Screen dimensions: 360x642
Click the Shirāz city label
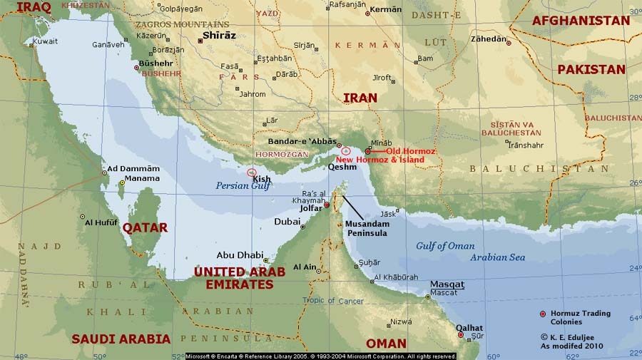point(220,35)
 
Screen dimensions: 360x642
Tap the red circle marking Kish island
point(251,172)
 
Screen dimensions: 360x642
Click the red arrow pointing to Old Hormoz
point(378,152)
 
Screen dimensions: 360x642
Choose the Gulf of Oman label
point(445,246)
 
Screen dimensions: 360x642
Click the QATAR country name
point(145,227)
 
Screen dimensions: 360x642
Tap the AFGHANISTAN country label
point(581,21)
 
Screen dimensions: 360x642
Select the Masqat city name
point(447,283)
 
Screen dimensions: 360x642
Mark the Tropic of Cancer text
point(334,300)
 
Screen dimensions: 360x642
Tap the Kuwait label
point(46,41)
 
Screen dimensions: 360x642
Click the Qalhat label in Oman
point(469,328)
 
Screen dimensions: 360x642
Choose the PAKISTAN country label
point(591,69)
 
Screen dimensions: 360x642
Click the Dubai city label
point(287,222)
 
